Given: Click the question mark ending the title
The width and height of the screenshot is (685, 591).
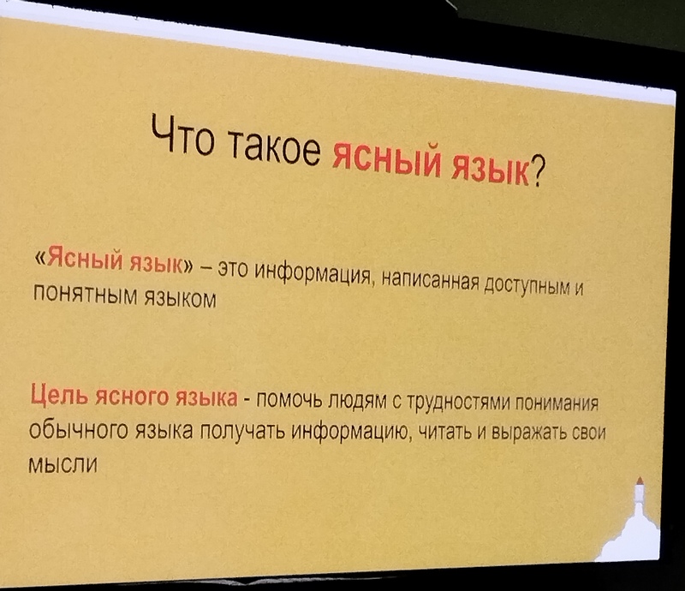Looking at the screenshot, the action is coord(536,172).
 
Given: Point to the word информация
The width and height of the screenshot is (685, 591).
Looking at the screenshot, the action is coord(313,272).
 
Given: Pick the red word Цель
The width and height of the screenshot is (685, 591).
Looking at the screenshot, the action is coord(60,394).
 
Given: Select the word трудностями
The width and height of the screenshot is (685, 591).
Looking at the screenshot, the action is coord(460,402).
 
